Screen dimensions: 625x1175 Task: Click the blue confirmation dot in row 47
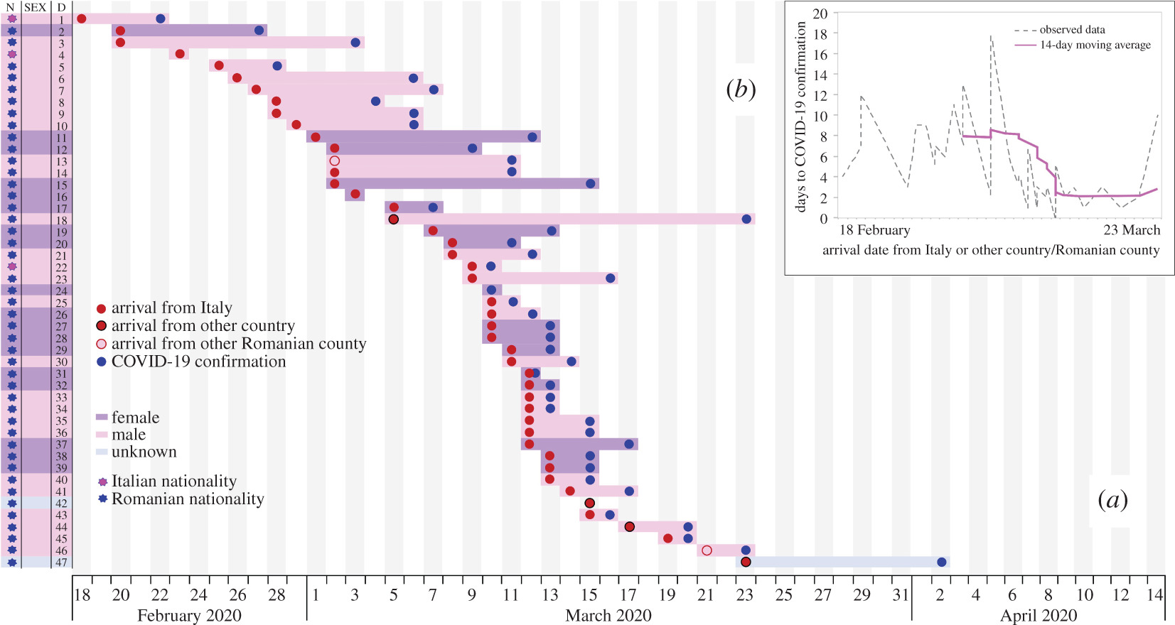[942, 562]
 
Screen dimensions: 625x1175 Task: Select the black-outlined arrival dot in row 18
[394, 219]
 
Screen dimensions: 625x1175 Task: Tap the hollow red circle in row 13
[335, 161]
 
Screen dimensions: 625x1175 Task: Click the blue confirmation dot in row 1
[161, 18]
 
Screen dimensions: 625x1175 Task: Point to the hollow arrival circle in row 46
[707, 550]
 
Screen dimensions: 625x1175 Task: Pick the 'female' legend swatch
[102, 418]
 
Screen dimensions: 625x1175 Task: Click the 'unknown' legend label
[144, 452]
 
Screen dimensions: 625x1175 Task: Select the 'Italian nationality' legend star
[102, 482]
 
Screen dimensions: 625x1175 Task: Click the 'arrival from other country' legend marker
[102, 326]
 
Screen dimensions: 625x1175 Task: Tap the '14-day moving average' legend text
[1095, 45]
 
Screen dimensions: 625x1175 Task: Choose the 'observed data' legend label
[1072, 30]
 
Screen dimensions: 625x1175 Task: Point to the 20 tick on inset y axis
[820, 13]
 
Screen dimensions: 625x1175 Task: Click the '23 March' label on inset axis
[1131, 230]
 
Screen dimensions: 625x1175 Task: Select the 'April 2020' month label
[1038, 615]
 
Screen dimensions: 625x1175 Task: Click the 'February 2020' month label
[189, 615]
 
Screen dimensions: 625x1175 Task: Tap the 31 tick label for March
[901, 594]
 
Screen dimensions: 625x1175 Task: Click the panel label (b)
[741, 89]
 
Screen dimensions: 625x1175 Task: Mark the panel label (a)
[1112, 500]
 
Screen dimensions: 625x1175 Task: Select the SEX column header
[36, 7]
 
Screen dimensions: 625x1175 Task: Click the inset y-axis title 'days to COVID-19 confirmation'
[801, 116]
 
